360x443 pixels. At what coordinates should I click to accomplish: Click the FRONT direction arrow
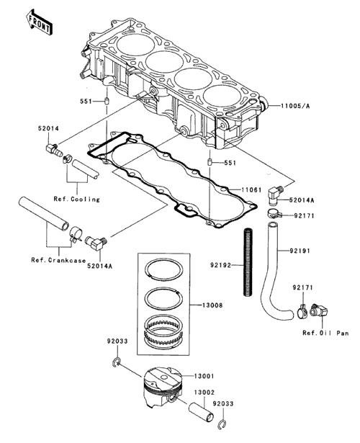(39, 22)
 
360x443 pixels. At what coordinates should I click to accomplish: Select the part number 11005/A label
(295, 106)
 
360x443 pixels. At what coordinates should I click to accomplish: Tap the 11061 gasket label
(251, 190)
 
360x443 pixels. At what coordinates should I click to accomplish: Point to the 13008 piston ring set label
(212, 305)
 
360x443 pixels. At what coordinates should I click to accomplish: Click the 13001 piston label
(204, 376)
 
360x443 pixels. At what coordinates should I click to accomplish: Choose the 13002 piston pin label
(204, 393)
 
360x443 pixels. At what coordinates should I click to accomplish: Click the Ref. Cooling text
(77, 200)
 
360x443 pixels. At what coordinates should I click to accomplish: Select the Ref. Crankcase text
(58, 260)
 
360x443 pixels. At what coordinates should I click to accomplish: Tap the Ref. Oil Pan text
(325, 333)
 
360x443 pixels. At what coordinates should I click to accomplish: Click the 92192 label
(220, 265)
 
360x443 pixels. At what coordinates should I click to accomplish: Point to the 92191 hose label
(300, 251)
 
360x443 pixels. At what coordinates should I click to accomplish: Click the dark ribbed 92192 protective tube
(248, 263)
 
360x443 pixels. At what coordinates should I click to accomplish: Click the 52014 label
(48, 128)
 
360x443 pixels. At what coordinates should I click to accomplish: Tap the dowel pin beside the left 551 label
(107, 101)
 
